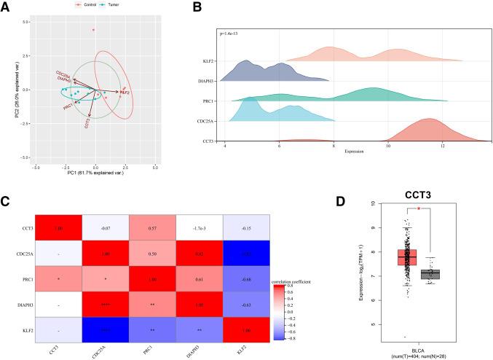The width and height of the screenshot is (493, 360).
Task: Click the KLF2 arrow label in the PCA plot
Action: coord(125,93)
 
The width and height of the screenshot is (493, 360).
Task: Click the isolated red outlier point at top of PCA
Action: coord(93,30)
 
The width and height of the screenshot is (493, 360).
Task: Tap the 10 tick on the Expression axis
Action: coord(388,145)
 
